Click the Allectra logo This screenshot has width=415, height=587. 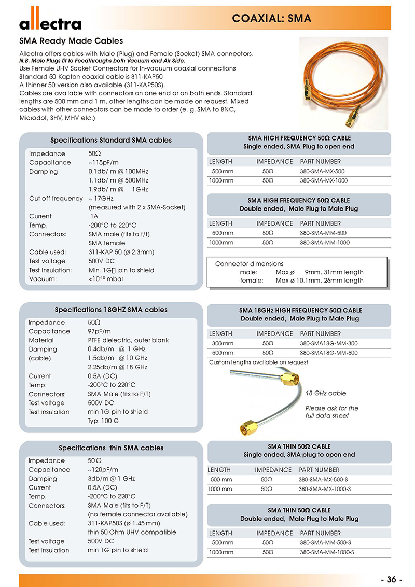coord(50,22)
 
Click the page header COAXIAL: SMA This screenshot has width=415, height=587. coord(272,19)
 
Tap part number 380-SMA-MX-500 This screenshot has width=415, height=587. coord(322,171)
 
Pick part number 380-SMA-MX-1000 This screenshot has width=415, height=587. coord(324,180)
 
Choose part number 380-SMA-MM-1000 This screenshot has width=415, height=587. coord(325,243)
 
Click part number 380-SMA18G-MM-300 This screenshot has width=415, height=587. coord(328,343)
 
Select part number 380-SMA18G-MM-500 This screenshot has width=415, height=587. coord(328,353)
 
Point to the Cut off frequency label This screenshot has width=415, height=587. coord(56,199)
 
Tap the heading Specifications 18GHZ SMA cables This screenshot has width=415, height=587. coord(111,310)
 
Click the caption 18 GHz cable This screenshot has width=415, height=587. coord(325,393)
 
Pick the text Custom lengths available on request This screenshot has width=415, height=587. coord(258,362)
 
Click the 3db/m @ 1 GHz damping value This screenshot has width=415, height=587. coord(112,479)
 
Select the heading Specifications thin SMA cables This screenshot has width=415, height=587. coord(111,448)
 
